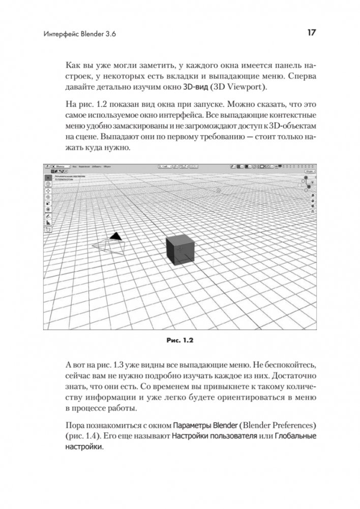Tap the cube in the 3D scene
[x=179, y=249]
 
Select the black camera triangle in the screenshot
[x=116, y=236]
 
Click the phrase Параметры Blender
[x=201, y=424]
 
